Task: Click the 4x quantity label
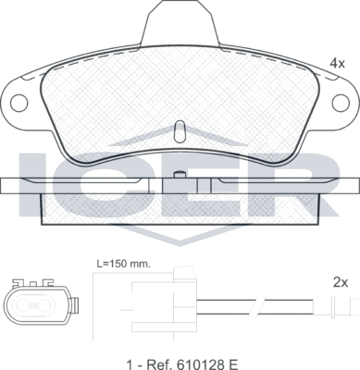click(x=336, y=63)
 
